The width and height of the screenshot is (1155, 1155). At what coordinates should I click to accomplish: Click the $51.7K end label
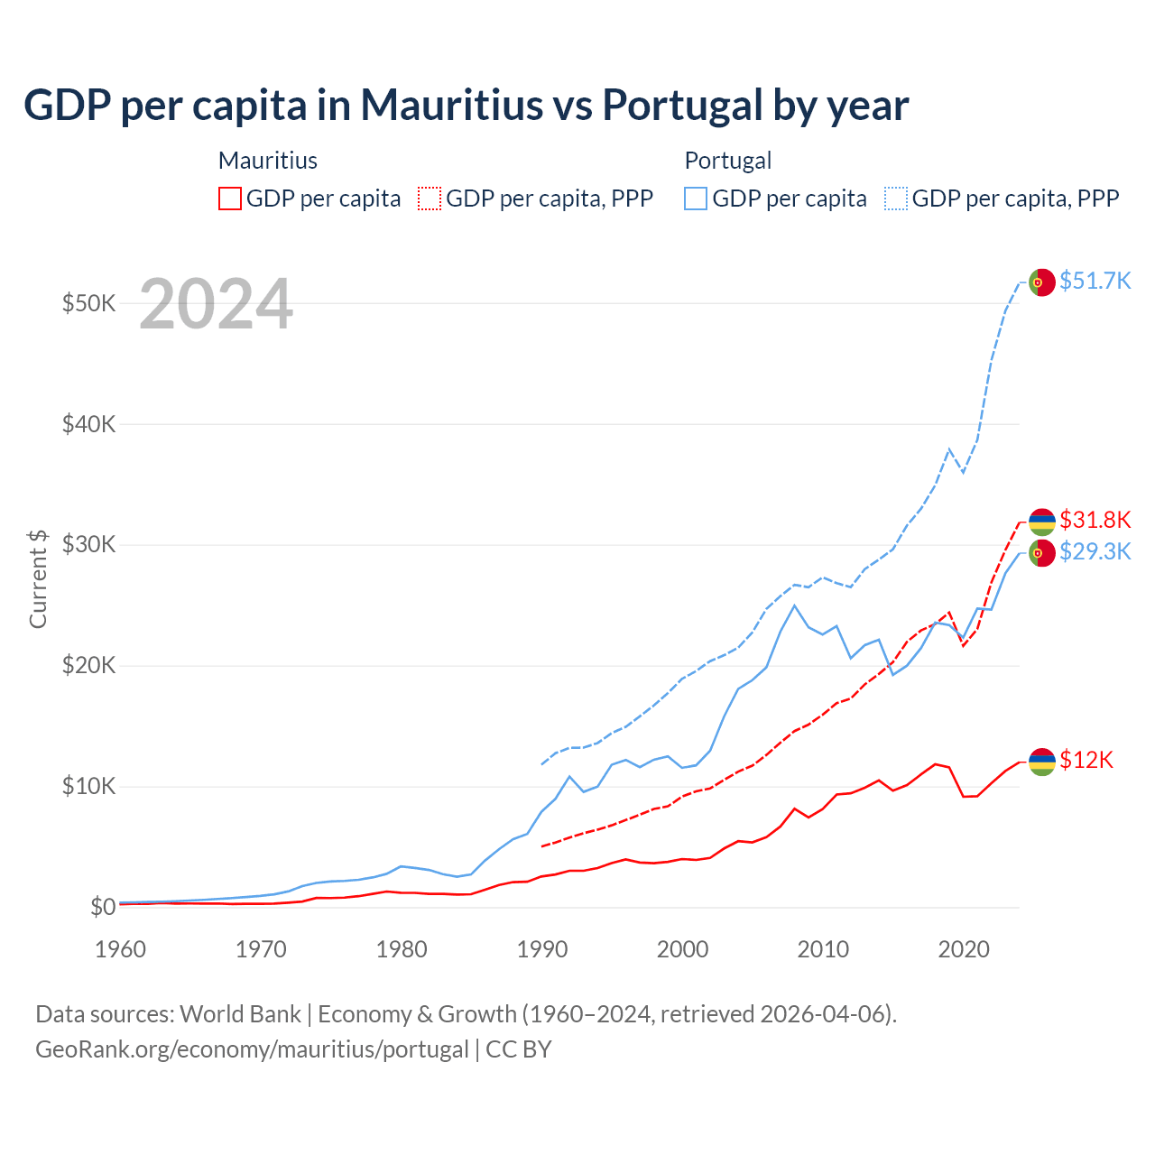[x=1095, y=281]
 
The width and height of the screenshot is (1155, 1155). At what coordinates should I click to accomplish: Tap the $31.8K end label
[x=1095, y=520]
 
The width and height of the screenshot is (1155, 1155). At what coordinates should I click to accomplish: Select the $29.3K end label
[x=1095, y=551]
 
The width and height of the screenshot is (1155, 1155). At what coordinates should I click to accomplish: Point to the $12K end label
[x=1086, y=760]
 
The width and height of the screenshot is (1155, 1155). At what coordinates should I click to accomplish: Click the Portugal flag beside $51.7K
[x=1041, y=282]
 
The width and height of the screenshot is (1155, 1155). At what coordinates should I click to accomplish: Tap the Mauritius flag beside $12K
[x=1041, y=762]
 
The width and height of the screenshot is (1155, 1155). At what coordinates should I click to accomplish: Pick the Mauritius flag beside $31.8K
[x=1041, y=522]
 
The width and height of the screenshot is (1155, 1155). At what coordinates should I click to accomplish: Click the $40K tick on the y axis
[x=88, y=424]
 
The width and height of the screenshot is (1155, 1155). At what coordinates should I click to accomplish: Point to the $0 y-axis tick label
[x=103, y=907]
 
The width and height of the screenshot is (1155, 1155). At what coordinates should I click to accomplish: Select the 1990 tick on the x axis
[x=542, y=949]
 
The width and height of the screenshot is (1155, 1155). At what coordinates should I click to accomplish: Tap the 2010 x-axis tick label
[x=823, y=949]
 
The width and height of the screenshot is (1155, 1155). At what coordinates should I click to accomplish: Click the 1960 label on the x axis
[x=121, y=949]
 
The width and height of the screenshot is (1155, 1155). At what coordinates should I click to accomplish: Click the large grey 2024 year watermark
[x=216, y=304]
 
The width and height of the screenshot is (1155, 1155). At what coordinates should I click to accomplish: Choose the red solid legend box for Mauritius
[x=230, y=199]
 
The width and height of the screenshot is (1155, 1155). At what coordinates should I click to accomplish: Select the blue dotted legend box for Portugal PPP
[x=896, y=199]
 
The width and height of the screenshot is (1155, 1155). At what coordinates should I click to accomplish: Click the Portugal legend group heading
[x=727, y=161]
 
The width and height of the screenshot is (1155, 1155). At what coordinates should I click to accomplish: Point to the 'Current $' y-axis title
[x=38, y=578]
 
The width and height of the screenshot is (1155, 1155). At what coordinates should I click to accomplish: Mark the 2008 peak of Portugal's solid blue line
[x=794, y=605]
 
